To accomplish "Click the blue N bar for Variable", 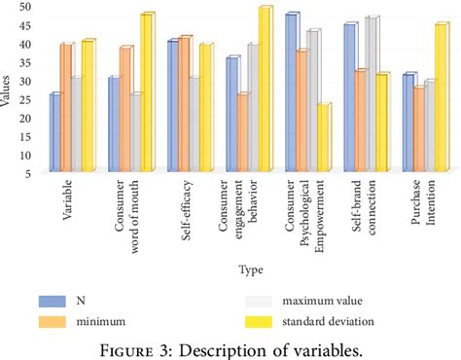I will (55, 133).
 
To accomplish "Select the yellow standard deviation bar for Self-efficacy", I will (205, 108).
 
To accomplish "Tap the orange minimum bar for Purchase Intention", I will (418, 129).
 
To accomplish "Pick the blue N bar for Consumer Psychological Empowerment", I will (291, 92).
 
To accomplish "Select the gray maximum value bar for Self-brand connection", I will (371, 94).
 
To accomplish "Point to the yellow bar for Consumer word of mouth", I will (147, 93).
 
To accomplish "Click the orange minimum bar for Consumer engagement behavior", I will (242, 133).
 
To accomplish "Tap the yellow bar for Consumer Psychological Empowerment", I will (323, 138).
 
